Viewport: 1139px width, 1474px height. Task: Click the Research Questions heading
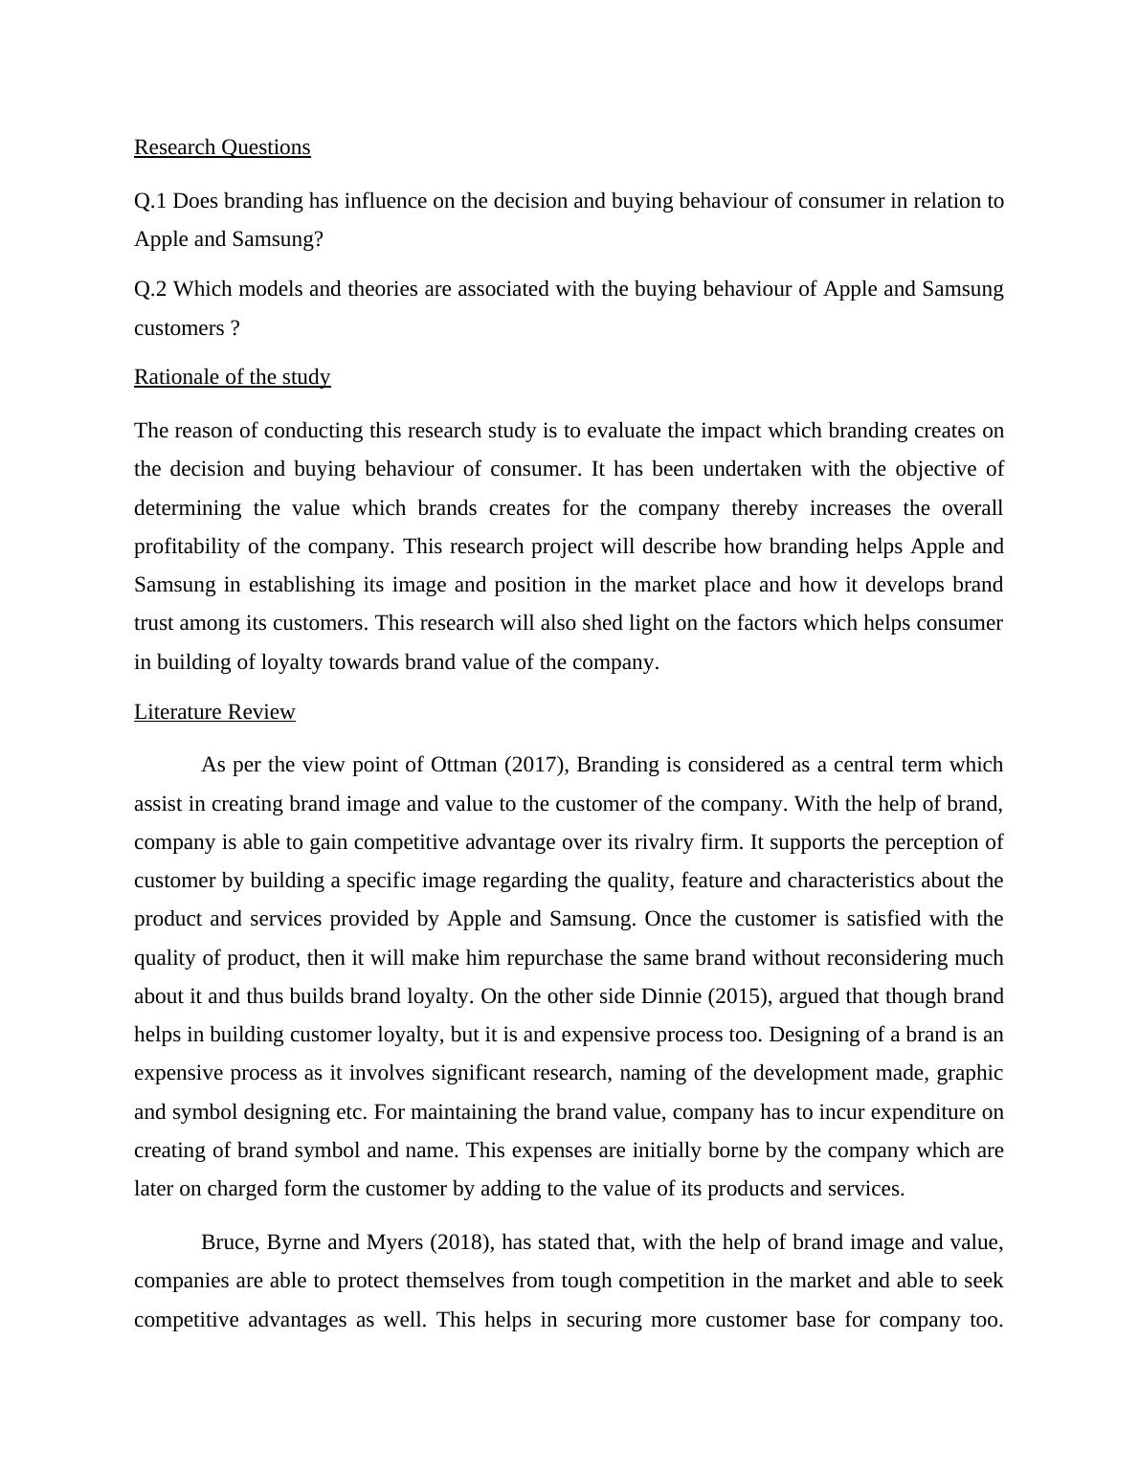(x=222, y=147)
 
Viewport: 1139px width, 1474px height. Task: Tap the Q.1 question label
(x=150, y=201)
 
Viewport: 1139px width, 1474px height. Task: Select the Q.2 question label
(x=150, y=289)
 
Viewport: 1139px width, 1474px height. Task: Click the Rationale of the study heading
(x=232, y=377)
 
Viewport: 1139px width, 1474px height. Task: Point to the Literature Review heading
(x=214, y=712)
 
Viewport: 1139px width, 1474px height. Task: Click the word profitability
(x=187, y=547)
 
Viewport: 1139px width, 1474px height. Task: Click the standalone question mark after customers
(x=234, y=328)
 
